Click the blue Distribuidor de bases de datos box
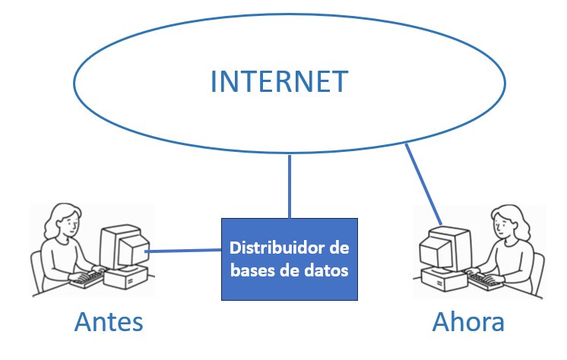(x=289, y=259)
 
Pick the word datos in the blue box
(x=329, y=270)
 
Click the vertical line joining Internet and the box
(x=290, y=186)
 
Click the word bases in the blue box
(x=250, y=270)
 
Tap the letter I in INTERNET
(x=214, y=81)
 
